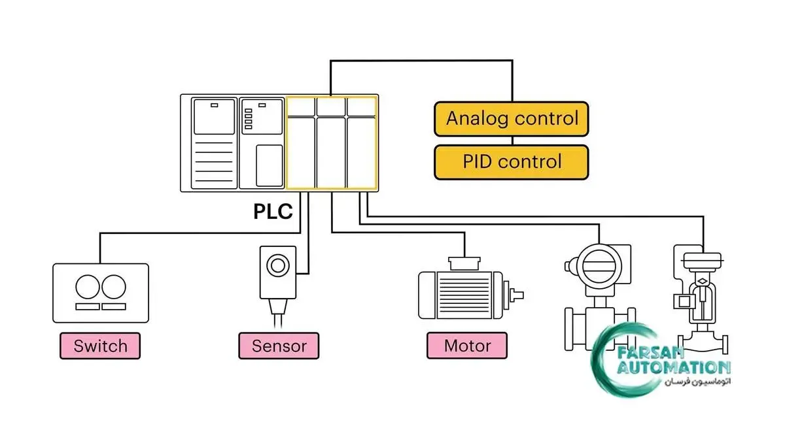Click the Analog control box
(512, 119)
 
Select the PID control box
(512, 162)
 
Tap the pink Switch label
(100, 346)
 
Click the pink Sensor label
(279, 346)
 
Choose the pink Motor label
(467, 346)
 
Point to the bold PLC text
(273, 212)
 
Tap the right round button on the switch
(113, 287)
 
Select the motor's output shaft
(517, 295)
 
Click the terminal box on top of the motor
(464, 263)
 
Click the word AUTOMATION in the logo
(674, 367)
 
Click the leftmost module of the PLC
(213, 142)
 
